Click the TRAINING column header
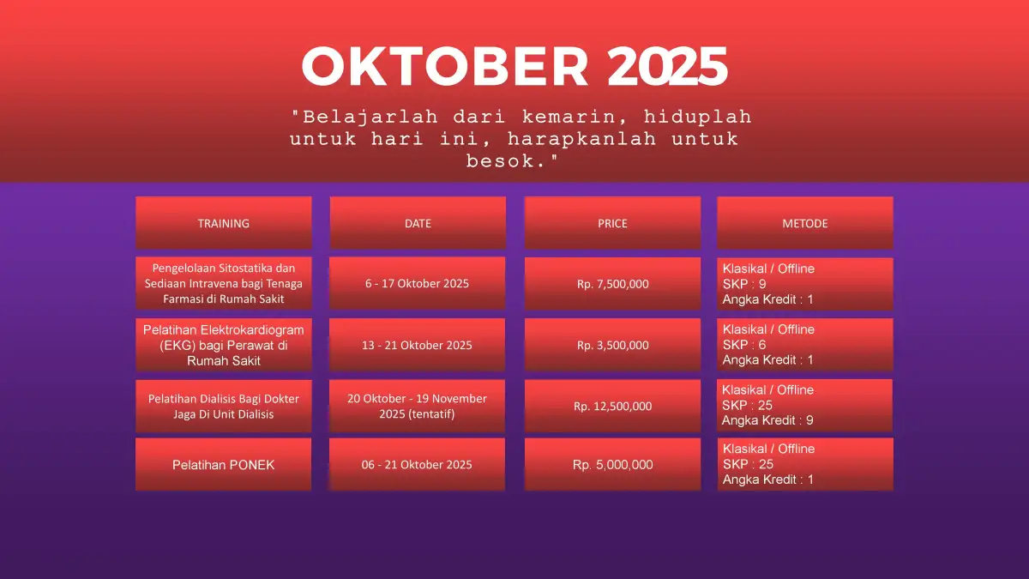[224, 223]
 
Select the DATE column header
[418, 223]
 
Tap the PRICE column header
[612, 223]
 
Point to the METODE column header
[805, 223]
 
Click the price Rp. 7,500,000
[612, 284]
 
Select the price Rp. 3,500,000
[612, 345]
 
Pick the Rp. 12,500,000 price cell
[612, 406]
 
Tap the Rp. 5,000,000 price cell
[612, 464]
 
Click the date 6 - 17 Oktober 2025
[417, 283]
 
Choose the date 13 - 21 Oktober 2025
[417, 345]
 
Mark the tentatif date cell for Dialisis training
[417, 406]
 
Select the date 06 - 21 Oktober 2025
[417, 464]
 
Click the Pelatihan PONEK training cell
[223, 464]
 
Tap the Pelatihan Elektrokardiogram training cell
[224, 345]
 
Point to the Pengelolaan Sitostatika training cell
[224, 283]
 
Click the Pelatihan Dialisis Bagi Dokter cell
[224, 406]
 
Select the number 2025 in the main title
[667, 66]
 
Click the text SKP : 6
[744, 345]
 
